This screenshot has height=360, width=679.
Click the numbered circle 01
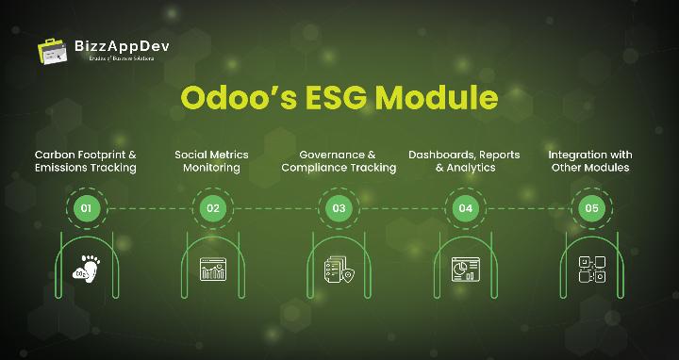click(87, 208)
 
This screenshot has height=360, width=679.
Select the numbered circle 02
click(213, 208)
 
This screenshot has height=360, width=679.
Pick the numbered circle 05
click(591, 208)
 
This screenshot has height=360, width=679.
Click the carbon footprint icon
click(87, 270)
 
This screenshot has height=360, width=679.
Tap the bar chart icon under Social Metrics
click(213, 270)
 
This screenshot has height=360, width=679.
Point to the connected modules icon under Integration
click(591, 270)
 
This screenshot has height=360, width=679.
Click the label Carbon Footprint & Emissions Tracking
click(86, 161)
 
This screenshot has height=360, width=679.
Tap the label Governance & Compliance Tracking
click(339, 161)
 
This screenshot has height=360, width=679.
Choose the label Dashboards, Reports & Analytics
click(464, 161)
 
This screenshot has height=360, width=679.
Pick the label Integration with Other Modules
click(590, 161)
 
